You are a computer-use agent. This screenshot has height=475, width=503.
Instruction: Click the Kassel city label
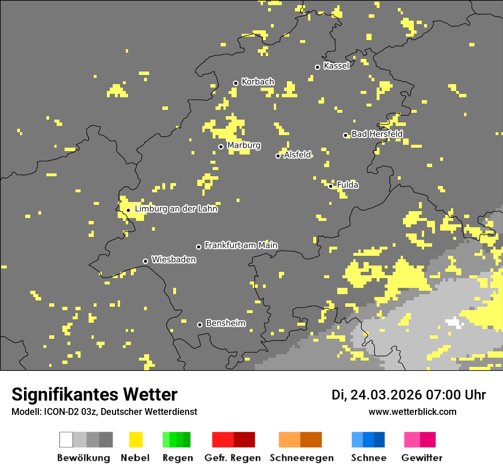(336, 66)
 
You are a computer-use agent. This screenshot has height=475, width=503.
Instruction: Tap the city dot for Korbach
(235, 83)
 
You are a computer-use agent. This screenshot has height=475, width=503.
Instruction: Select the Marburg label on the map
(243, 145)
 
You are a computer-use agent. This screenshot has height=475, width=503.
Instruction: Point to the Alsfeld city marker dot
(278, 156)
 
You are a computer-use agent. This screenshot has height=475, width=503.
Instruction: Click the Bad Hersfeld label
(377, 134)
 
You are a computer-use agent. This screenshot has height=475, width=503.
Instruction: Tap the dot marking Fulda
(331, 186)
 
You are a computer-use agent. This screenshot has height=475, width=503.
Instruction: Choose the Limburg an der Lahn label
(176, 209)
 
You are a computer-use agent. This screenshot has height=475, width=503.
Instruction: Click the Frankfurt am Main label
(241, 246)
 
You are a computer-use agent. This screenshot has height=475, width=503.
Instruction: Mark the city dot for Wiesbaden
(146, 262)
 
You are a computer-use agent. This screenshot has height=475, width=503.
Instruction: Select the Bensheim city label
(225, 323)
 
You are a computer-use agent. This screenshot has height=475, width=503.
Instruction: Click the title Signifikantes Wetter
(94, 394)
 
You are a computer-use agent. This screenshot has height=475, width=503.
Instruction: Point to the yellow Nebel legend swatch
(135, 440)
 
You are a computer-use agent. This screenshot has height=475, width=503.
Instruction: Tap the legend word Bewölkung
(83, 458)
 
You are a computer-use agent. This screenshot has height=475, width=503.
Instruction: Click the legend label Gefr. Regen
(232, 458)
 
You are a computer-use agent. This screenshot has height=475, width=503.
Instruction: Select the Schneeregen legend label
(302, 458)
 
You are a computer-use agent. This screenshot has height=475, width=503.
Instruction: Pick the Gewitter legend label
(422, 458)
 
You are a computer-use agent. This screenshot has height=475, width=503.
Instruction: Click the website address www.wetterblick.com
(412, 411)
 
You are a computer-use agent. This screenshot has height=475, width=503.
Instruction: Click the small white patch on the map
(455, 322)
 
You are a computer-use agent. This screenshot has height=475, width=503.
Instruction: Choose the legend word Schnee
(368, 458)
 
